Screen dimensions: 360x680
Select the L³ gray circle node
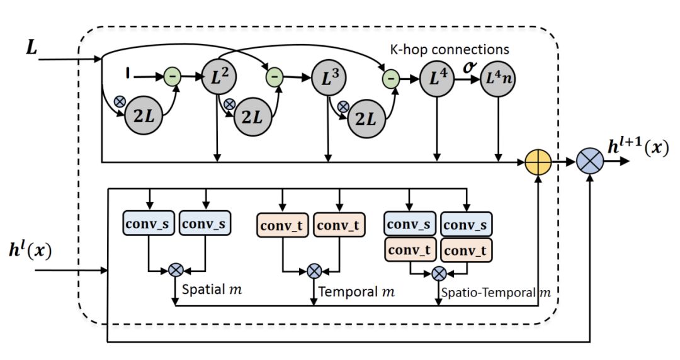point(327,79)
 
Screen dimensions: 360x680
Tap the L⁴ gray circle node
point(437,79)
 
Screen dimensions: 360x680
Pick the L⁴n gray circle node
point(498,79)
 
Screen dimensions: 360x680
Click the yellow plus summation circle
point(538,162)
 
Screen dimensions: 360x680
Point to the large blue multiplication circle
point(590,162)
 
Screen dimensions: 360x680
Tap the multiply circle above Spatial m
point(175,271)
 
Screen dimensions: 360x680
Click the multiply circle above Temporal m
point(314,271)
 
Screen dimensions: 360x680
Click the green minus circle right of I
point(172,76)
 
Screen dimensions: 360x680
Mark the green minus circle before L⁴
point(391,79)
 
